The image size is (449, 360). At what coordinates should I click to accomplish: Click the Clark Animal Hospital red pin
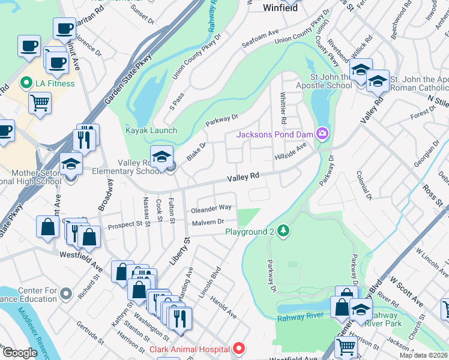point(239,349)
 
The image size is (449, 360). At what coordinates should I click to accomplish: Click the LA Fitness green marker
point(26,83)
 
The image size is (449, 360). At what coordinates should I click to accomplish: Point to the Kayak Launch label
point(151,130)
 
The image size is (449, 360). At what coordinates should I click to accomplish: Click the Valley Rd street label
point(243,177)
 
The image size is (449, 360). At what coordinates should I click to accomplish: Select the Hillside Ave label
point(291,151)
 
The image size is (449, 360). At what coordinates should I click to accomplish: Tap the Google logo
point(20,352)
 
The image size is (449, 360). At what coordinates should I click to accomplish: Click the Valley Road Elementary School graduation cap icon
point(161,157)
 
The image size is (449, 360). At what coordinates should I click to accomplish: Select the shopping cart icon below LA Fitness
point(40,102)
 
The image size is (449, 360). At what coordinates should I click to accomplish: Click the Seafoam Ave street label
point(260,37)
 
